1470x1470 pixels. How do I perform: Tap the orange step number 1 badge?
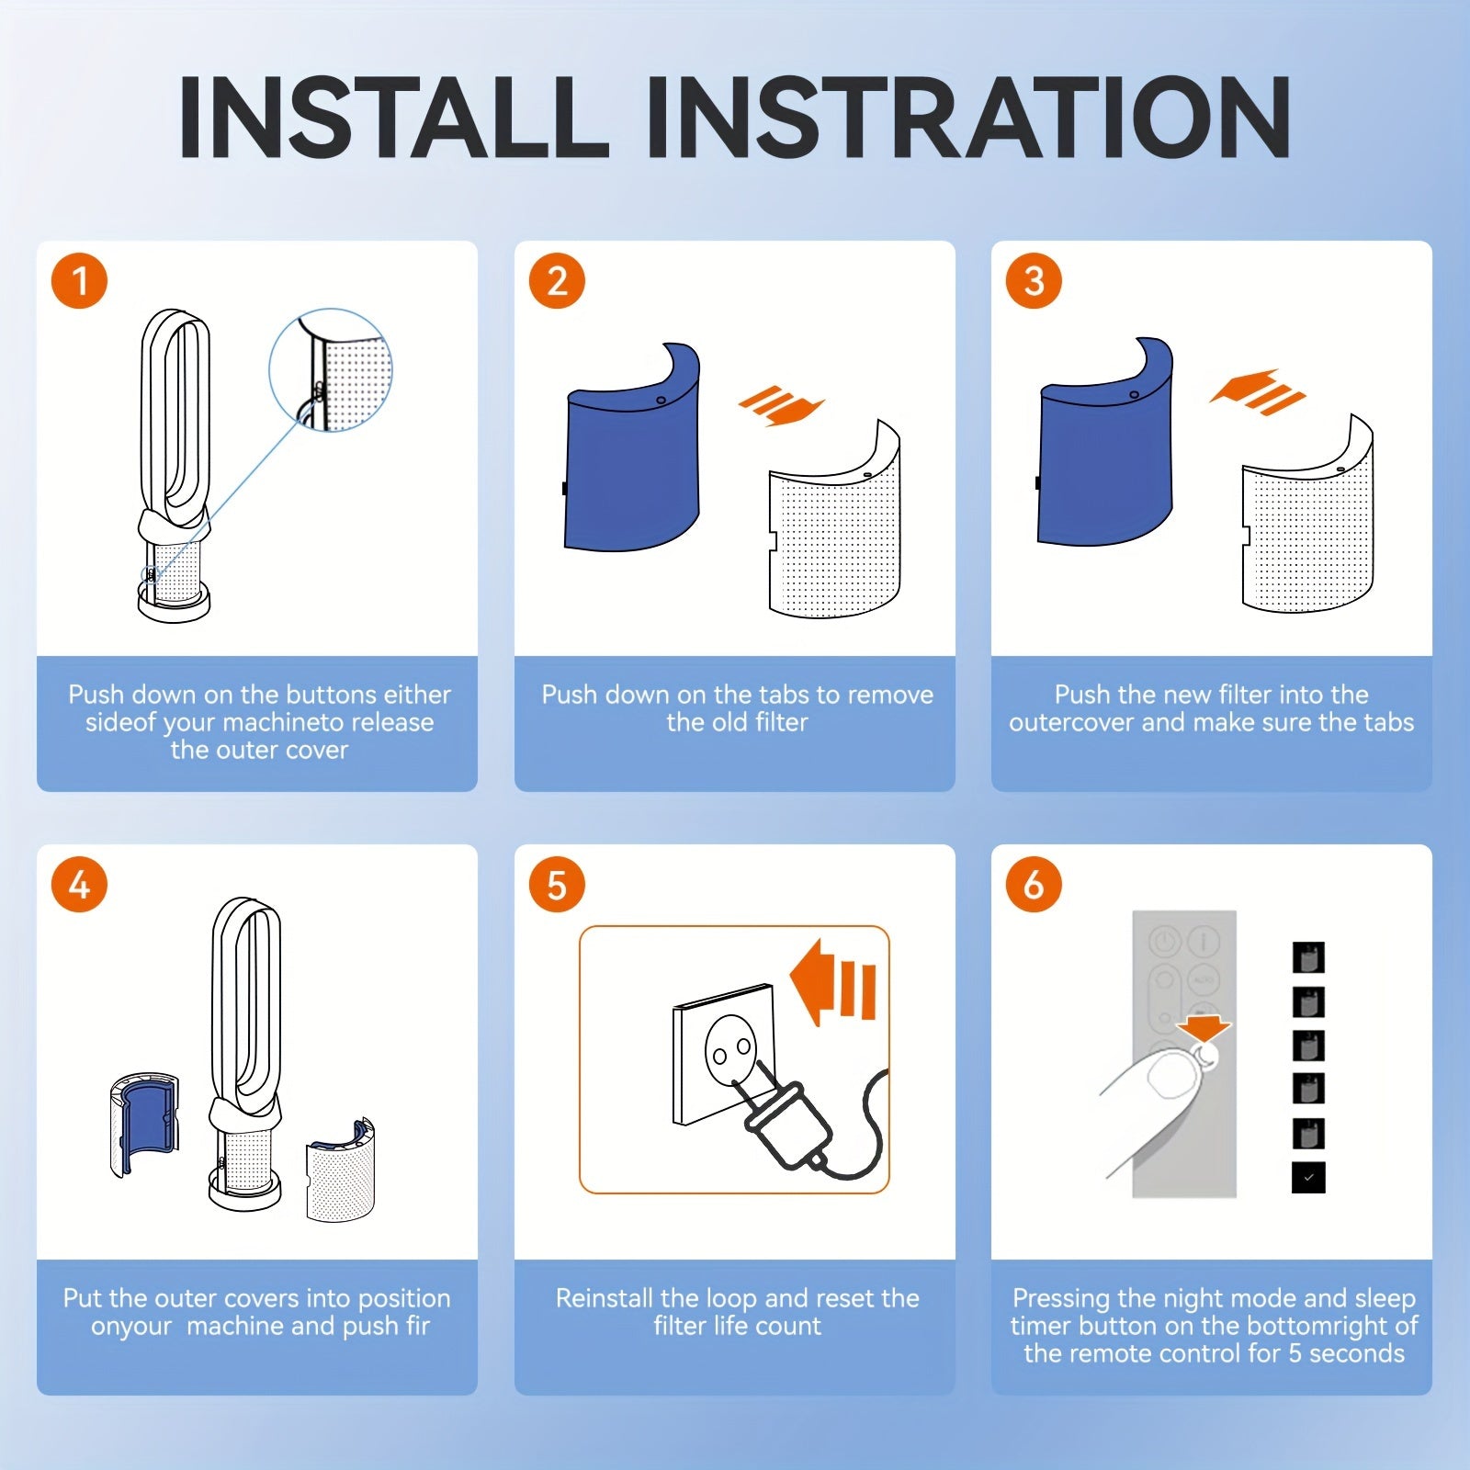pos(80,281)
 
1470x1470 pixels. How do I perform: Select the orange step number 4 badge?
pos(80,885)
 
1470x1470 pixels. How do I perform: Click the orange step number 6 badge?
pos(1034,885)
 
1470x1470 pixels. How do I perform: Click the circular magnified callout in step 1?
pos(332,369)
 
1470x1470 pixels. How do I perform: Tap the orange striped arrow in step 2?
pos(781,405)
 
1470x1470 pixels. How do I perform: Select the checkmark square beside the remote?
pos(1308,1178)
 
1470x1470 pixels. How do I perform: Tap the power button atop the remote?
pos(1165,942)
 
